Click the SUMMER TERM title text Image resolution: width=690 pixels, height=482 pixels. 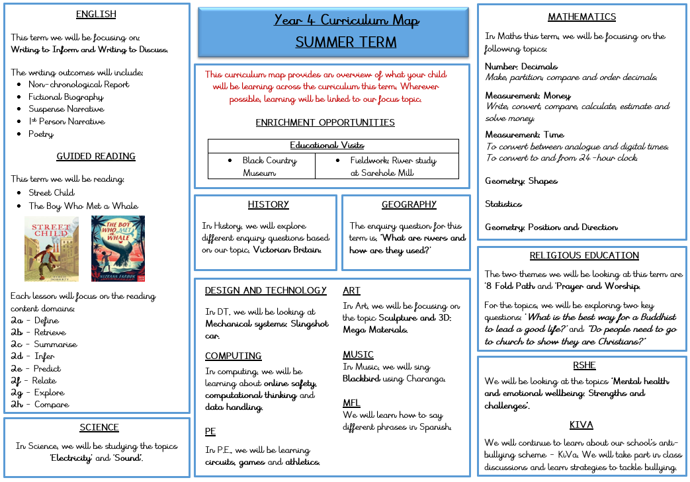(x=346, y=42)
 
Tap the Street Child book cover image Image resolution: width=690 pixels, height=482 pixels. (x=52, y=249)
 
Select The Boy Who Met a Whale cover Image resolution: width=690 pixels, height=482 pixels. (x=118, y=249)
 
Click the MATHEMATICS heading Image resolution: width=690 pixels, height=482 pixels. (x=582, y=17)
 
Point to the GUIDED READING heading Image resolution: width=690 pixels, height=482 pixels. (x=96, y=157)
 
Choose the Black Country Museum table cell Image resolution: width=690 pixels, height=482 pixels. (x=261, y=167)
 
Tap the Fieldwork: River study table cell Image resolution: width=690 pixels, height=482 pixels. (x=387, y=167)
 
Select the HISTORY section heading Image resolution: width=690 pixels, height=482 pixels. (x=268, y=205)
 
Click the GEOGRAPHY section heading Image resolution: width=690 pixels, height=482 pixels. (x=409, y=205)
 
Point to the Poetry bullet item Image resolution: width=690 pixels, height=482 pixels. (x=41, y=134)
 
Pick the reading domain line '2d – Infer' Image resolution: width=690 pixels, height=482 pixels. (x=33, y=356)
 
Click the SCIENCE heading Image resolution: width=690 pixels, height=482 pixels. (x=99, y=428)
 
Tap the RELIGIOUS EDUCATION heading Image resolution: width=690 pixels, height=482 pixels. (x=584, y=256)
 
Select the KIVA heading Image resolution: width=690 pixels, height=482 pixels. (x=581, y=425)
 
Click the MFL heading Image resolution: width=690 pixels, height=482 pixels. (x=351, y=403)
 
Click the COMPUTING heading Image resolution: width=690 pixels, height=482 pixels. (x=233, y=356)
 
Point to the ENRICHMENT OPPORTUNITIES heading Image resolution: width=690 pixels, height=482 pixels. (x=325, y=123)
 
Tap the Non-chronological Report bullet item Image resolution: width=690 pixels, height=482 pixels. (x=79, y=85)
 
